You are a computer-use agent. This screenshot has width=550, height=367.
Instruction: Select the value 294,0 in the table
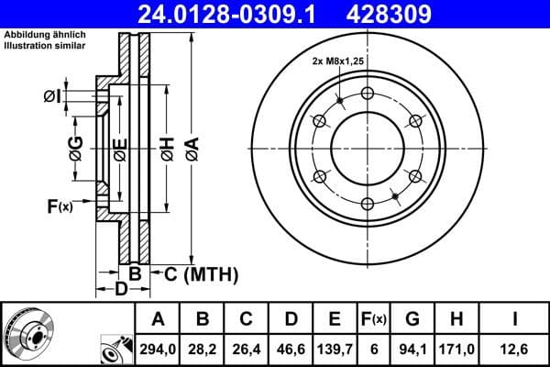click(x=158, y=348)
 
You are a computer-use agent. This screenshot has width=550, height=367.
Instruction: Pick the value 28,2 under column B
click(x=202, y=348)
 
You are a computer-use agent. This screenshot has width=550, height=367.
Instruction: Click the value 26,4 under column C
click(x=246, y=348)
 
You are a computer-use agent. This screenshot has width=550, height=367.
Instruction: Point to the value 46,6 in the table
click(x=290, y=348)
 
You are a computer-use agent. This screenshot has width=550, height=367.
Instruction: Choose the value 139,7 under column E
click(x=335, y=348)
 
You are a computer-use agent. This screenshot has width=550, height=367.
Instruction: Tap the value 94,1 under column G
click(x=412, y=348)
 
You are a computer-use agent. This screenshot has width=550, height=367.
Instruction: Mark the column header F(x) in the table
click(x=375, y=319)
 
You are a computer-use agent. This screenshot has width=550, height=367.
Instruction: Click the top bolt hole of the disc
click(x=368, y=93)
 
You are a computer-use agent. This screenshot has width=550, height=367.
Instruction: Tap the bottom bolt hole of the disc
click(x=368, y=204)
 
